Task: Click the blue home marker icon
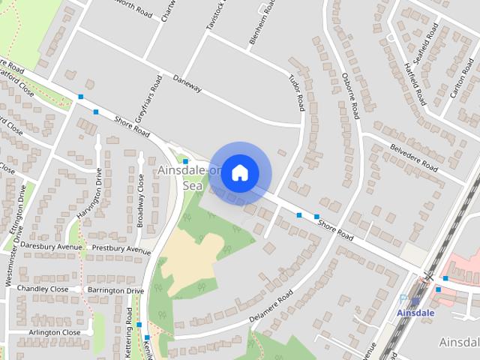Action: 239,172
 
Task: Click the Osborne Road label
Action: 350,95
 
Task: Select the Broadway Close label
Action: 140,201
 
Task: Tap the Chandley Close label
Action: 43,289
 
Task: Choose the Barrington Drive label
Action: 115,290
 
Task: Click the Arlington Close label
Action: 55,332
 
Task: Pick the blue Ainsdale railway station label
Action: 415,312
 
